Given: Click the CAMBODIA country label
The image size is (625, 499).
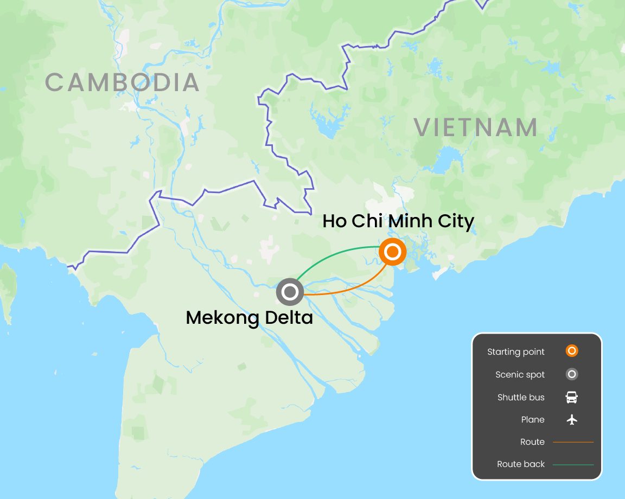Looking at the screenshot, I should pos(122,82).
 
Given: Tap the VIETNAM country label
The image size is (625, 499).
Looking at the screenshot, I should pos(476,127).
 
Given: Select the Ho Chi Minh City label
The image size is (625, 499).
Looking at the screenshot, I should pos(398,221).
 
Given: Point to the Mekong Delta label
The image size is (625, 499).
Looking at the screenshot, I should pos(249,317).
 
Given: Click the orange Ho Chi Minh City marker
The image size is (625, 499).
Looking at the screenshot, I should pos(393,252).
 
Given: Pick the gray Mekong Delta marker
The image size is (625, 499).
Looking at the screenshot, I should pos(290,292).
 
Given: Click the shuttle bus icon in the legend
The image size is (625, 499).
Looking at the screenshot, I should pos(571,397).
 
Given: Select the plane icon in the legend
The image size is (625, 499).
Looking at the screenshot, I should pos(571,419).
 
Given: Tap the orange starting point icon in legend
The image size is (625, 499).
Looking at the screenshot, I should pos(571,351).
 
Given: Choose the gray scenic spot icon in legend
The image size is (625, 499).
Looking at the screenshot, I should pos(571,374).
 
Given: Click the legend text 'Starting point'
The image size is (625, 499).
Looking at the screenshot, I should pos(515,352).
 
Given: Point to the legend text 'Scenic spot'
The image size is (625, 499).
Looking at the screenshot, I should pos(520,375).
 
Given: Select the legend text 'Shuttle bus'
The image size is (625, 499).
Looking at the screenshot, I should pos(521,398).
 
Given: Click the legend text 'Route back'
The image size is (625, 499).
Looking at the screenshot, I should pos(521,464).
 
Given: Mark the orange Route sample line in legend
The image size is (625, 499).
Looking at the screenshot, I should pos(573,442).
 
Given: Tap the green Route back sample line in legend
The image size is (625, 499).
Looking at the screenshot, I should pos(573,464).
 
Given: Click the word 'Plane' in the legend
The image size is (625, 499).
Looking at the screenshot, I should pos(532,420).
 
